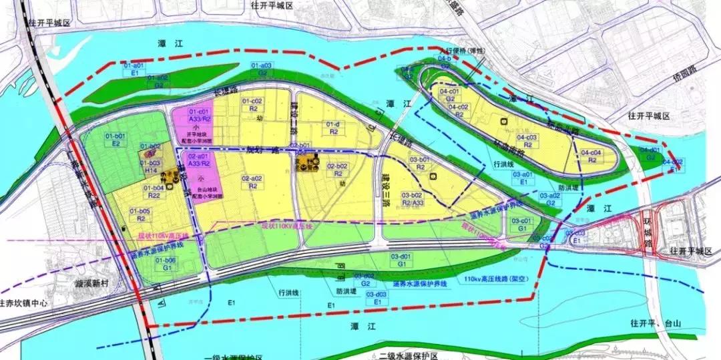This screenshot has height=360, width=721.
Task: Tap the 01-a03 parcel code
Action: pos(262,65)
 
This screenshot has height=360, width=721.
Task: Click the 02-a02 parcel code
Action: pos(253,179)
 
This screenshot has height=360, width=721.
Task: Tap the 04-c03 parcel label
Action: pos(527,137)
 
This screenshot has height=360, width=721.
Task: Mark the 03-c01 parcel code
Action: pos(521,220)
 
